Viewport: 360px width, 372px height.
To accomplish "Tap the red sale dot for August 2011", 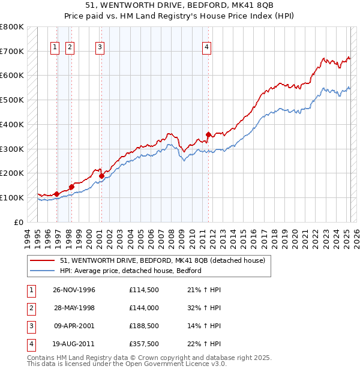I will (x=208, y=134).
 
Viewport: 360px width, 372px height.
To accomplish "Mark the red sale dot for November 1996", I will (x=57, y=194).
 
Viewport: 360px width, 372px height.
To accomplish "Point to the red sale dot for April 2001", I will (x=101, y=176).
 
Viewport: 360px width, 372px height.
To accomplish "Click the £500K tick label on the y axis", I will (x=12, y=100).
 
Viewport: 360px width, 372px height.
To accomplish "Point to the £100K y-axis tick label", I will (x=12, y=197).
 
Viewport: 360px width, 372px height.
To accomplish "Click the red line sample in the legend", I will (x=42, y=260).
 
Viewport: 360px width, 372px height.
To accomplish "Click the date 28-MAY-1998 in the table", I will (x=74, y=308).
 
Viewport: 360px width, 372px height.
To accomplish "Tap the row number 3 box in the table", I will (x=30, y=326).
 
